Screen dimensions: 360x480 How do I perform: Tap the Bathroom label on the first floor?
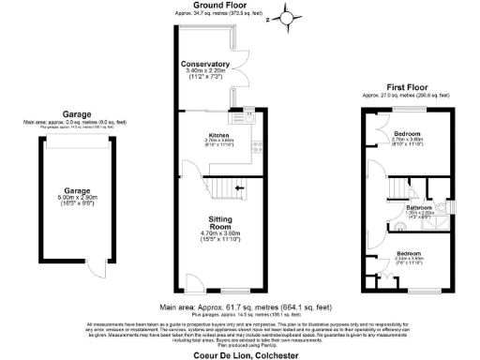tap(418, 206)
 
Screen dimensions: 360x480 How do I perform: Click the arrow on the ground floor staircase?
tap(240, 188)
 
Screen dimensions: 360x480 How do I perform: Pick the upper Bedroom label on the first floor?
tap(408, 135)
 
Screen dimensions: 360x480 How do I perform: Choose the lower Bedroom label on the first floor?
tap(408, 253)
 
